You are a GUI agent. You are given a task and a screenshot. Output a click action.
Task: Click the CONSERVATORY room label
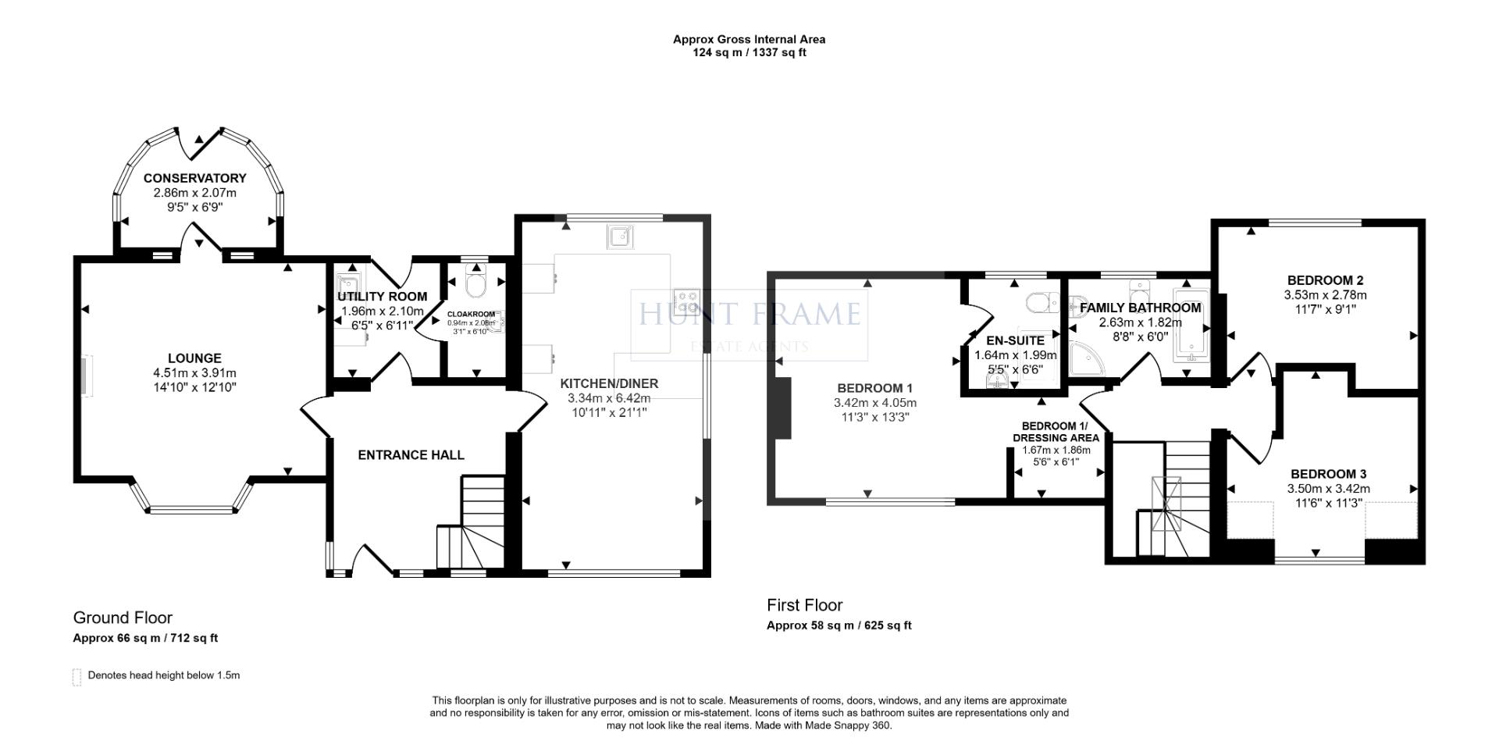194,178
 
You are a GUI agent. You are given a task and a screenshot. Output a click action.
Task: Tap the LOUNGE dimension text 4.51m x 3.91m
194,373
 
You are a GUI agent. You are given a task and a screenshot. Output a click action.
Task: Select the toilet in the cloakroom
474,284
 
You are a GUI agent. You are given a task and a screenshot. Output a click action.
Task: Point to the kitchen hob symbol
687,300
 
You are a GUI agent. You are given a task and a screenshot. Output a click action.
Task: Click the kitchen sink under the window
621,236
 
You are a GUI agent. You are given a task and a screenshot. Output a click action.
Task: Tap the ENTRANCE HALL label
411,455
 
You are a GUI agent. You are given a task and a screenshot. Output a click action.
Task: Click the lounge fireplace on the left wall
87,376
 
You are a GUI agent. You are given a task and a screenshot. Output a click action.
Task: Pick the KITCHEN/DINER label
609,383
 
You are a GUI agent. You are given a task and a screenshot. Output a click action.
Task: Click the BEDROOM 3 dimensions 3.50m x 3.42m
1328,489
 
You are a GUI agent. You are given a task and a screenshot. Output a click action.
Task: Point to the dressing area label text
1056,432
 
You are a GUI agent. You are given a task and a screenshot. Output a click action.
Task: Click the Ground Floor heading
123,618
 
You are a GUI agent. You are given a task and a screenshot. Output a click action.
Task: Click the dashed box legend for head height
77,676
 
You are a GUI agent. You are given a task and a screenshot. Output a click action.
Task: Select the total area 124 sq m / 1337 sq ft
749,53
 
